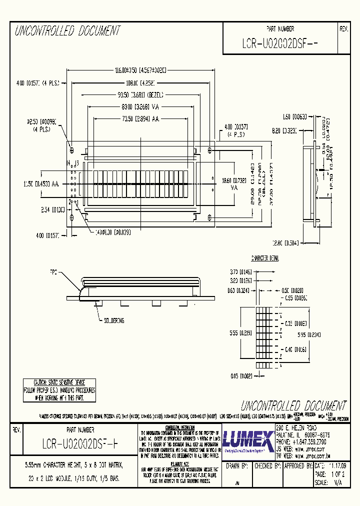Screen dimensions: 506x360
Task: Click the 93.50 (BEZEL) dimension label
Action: [140, 94]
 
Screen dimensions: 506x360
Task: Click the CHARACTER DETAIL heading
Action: [264, 258]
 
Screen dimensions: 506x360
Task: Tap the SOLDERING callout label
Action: [114, 320]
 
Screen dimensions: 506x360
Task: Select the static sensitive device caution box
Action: [59, 390]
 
